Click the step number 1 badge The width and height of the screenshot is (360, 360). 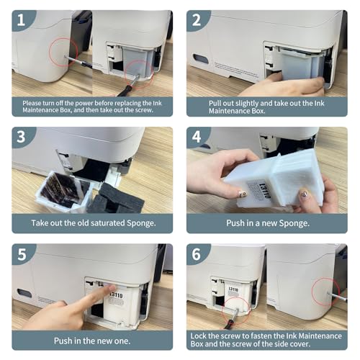pos(22,20)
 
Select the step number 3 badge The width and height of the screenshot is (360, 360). pos(22,137)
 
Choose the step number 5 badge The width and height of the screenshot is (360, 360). pos(22,253)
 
